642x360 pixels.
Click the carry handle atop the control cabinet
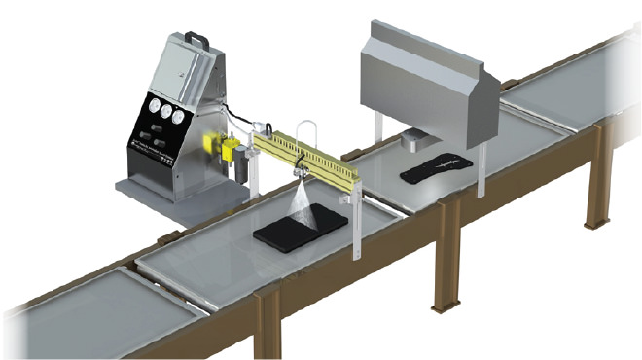(198, 40)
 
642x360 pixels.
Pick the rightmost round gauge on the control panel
(181, 114)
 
